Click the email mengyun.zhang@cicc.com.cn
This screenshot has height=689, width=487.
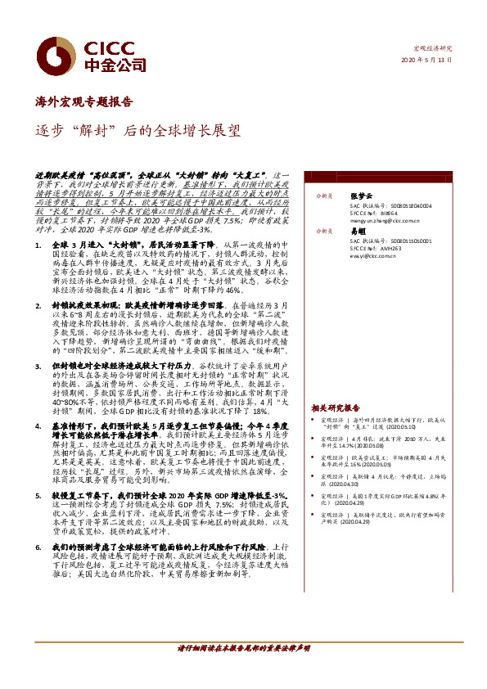385,220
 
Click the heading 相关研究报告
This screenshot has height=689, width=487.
335,408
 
